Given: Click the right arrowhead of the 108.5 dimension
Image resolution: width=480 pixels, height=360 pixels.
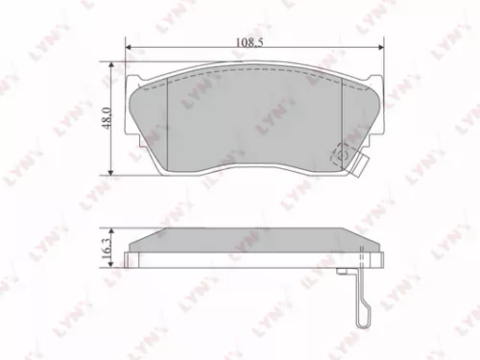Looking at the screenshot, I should [380, 48].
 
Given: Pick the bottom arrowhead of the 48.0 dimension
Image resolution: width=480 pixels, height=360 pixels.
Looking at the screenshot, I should [114, 172].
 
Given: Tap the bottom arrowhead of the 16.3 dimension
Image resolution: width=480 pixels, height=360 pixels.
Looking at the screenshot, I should [113, 265].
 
